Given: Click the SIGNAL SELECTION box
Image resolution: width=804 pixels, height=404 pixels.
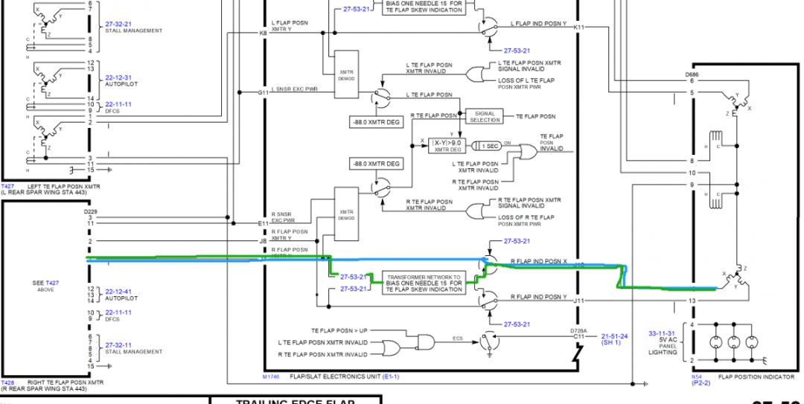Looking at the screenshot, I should coord(485,117).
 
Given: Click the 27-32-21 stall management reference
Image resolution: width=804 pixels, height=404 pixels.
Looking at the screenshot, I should coord(118,25).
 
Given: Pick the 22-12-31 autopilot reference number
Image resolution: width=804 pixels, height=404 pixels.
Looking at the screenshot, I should coord(118,77).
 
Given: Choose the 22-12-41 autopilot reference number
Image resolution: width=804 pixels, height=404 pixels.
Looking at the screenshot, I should coord(118,291).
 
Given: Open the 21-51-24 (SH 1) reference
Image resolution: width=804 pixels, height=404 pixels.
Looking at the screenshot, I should coord(613,339).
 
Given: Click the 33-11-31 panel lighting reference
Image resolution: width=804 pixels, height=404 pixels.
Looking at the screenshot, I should coord(663,333).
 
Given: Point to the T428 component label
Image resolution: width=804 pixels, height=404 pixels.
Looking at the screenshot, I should coord(7,382).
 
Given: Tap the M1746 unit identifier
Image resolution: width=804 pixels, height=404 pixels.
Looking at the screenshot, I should coord(270,377).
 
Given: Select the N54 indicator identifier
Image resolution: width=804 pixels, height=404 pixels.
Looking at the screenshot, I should coord(697,377).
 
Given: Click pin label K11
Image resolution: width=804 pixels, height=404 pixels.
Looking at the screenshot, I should coord(580,27).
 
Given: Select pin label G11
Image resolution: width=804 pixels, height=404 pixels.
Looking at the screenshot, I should coord(263,92).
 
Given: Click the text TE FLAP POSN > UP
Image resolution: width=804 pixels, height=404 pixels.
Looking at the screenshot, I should coord(339,330).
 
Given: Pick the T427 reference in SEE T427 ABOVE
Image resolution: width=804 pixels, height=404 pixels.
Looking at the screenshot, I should coord(51,283).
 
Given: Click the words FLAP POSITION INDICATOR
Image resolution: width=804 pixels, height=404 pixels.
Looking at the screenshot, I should coord(756,377).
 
